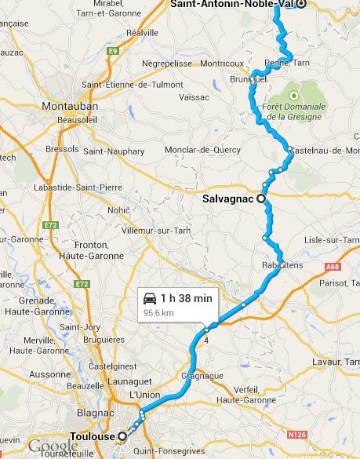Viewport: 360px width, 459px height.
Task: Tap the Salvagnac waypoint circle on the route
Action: coord(260,199)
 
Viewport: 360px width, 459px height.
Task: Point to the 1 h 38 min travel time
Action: coord(186,298)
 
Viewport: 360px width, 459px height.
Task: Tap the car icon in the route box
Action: coord(149,298)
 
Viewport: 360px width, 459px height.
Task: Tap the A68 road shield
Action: coord(333,267)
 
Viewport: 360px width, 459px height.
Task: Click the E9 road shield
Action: coord(113,51)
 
